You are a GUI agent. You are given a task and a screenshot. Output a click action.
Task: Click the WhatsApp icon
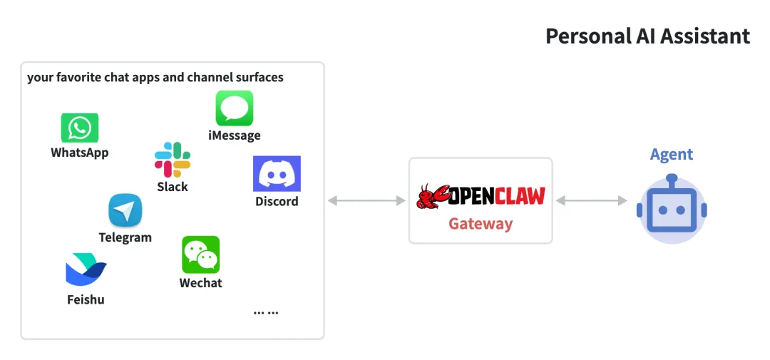pos(79,128)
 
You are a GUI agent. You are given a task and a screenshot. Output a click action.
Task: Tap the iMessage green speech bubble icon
pos(234,108)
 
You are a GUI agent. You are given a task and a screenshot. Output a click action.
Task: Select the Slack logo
pos(173,160)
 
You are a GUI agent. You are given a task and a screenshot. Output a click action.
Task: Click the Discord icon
pos(277,174)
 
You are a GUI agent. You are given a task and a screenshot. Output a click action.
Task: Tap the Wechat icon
pos(200,254)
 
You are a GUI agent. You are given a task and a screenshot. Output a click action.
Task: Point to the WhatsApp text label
pos(79,153)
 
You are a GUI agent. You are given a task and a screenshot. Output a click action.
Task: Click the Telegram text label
pos(125,237)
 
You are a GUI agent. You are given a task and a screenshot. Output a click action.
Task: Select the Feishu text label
pos(86,299)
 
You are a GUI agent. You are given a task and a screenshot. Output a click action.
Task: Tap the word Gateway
pos(481,224)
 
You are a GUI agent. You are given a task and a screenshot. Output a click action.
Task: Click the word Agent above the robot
pos(672,154)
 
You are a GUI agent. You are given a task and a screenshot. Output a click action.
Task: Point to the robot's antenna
pos(672,178)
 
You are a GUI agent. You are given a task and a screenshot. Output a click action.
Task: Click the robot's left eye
pos(662,210)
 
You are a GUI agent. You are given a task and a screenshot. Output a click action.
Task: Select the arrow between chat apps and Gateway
pos(366,201)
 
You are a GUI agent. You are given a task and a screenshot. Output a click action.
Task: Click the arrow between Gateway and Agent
pos(591,201)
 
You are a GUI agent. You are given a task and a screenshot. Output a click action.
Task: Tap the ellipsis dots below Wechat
pos(266,312)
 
